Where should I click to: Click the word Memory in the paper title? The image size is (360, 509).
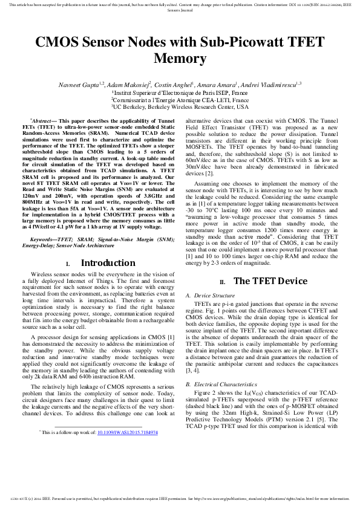(180, 59)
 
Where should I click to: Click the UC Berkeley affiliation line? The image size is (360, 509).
(180, 106)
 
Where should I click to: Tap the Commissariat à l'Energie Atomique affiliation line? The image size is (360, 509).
(180, 100)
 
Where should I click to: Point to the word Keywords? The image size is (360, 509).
(47, 241)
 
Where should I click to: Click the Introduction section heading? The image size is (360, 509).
(108, 263)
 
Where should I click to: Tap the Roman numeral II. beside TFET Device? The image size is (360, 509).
(223, 282)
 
